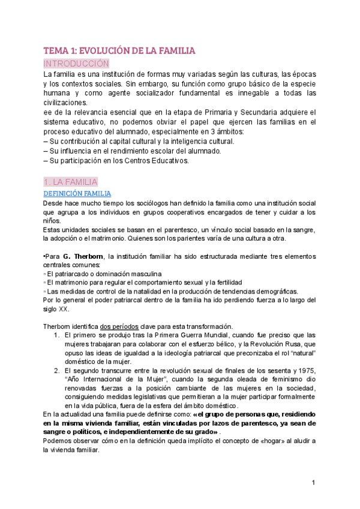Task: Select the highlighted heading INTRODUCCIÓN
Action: tap(76, 63)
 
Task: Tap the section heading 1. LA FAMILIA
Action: tap(71, 182)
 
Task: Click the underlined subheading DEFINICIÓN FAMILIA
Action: tap(77, 193)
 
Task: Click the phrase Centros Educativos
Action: tap(160, 160)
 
